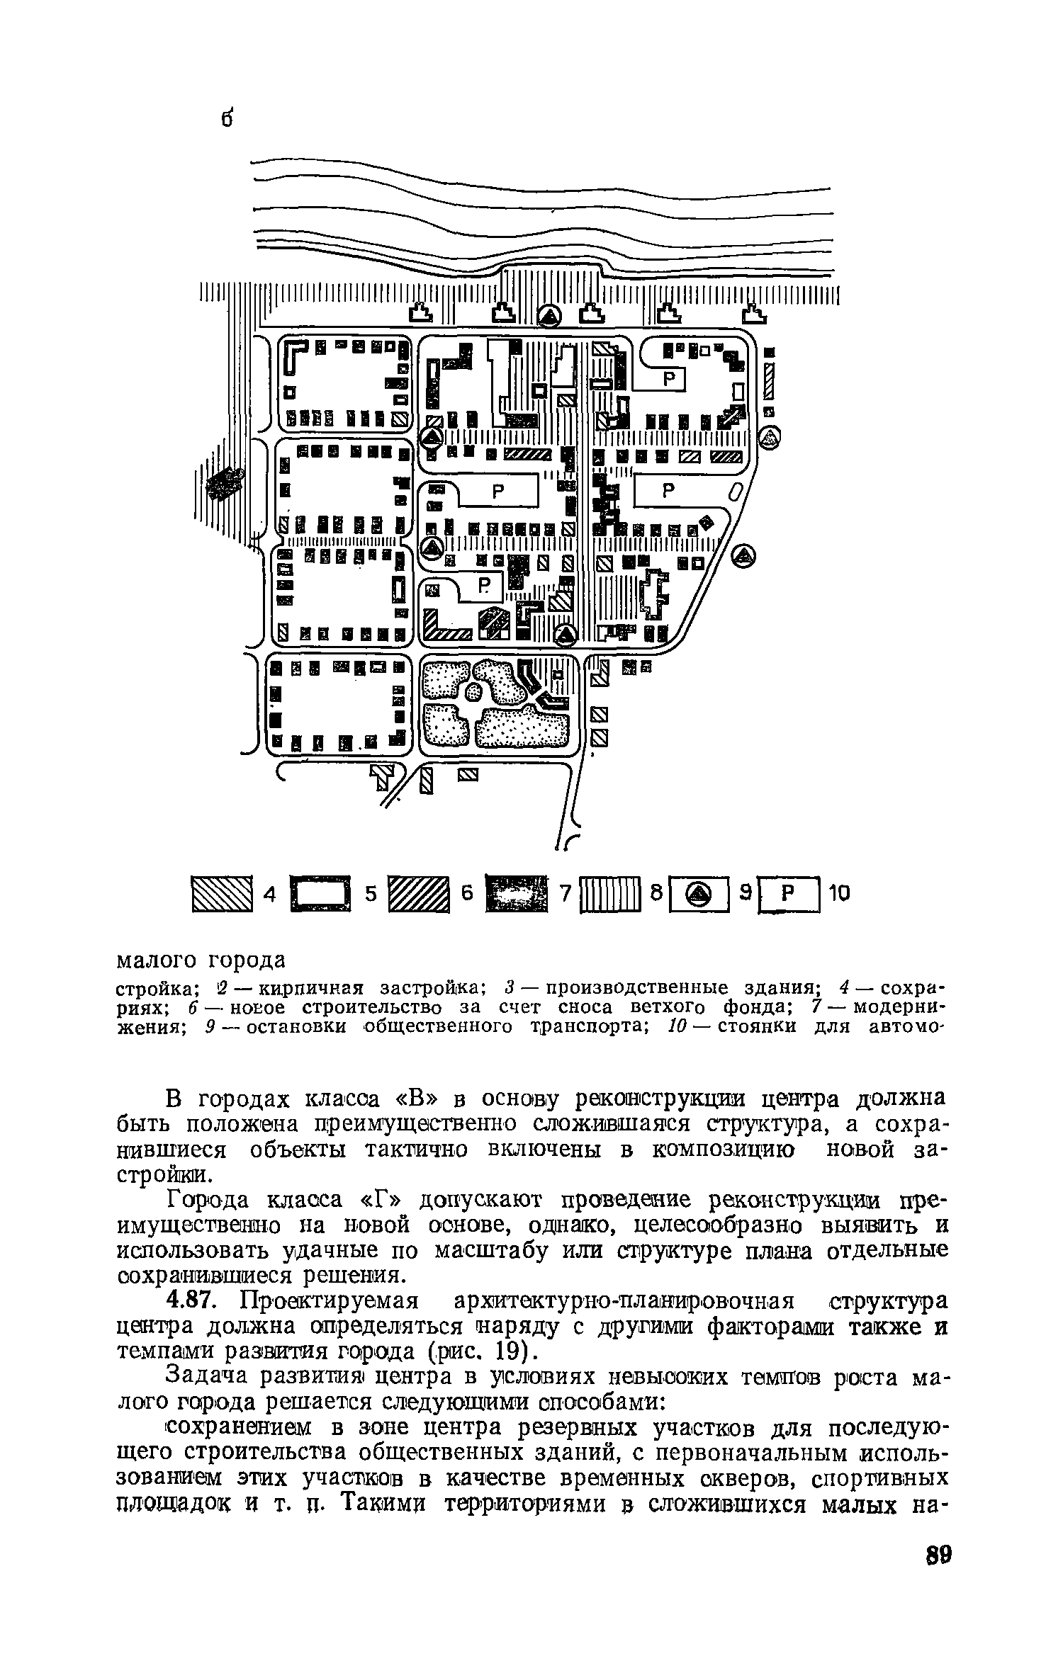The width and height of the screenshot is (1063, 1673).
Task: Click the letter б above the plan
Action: pyautogui.click(x=226, y=119)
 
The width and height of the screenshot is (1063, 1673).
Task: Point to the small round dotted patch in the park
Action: pyautogui.click(x=474, y=692)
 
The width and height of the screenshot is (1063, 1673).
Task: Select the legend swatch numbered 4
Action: pyautogui.click(x=223, y=894)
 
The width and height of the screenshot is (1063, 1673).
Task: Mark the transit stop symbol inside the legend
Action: pyautogui.click(x=699, y=895)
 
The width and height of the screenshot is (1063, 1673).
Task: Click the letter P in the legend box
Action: pyautogui.click(x=787, y=895)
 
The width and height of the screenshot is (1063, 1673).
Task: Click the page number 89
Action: pyautogui.click(x=938, y=1572)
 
